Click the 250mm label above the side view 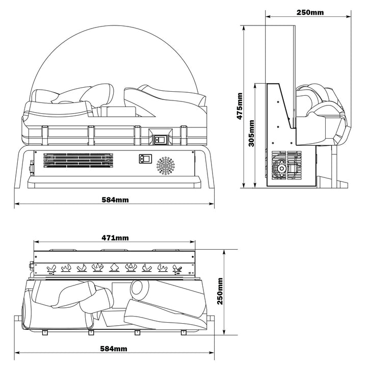pos(310,12)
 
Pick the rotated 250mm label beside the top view pos(220,292)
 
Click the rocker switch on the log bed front pos(161,138)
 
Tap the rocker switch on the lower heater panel pos(145,159)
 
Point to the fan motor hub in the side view pos(280,167)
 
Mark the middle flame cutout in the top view pos(114,267)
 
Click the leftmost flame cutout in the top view pos(51,267)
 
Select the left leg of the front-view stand pos(20,168)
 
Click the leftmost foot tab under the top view pos(44,333)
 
